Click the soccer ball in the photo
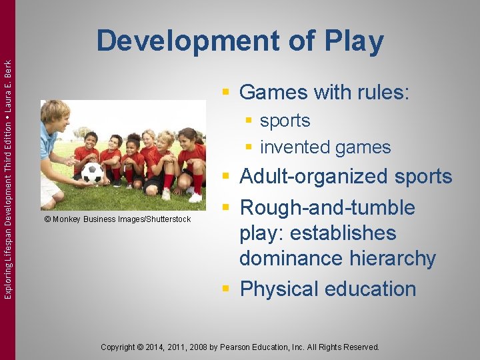coord(92,173)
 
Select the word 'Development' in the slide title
coord(187,41)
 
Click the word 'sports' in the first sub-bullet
coord(285,121)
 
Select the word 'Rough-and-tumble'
coord(327,208)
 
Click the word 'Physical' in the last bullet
coord(279,289)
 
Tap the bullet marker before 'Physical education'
coord(227,289)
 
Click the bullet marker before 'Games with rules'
coord(227,92)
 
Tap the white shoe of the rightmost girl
coord(195,197)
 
